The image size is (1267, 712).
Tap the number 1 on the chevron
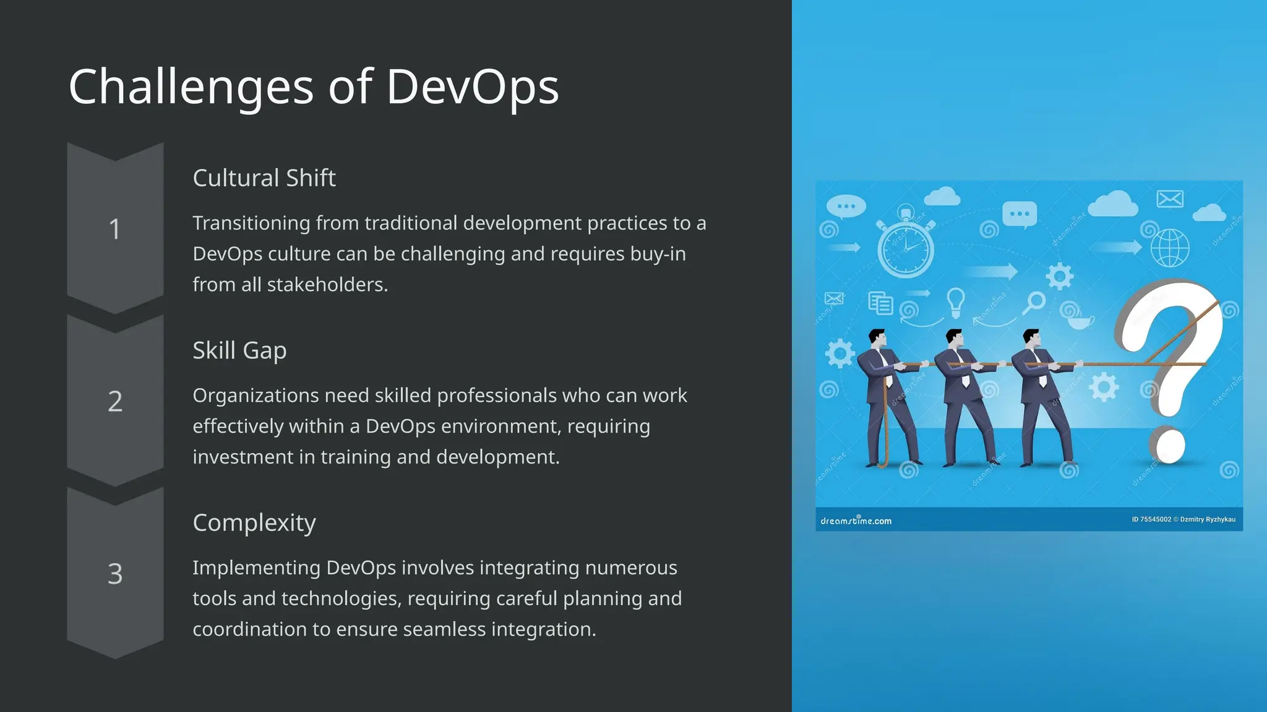[x=114, y=229]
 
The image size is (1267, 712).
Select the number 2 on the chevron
[x=115, y=402]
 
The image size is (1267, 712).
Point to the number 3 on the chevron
[x=115, y=574]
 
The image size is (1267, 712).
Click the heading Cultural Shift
[x=264, y=178]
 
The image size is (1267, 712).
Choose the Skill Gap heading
[x=239, y=350]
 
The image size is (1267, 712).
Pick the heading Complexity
[x=254, y=523]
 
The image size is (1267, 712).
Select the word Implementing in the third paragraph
[x=256, y=568]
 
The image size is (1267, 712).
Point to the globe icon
[x=1169, y=248]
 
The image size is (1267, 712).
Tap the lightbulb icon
[x=956, y=302]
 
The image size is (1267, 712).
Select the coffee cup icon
[x=1080, y=321]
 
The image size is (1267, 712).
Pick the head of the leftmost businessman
[x=877, y=337]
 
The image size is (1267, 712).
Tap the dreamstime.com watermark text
[x=856, y=521]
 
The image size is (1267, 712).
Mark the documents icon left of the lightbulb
[x=880, y=303]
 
